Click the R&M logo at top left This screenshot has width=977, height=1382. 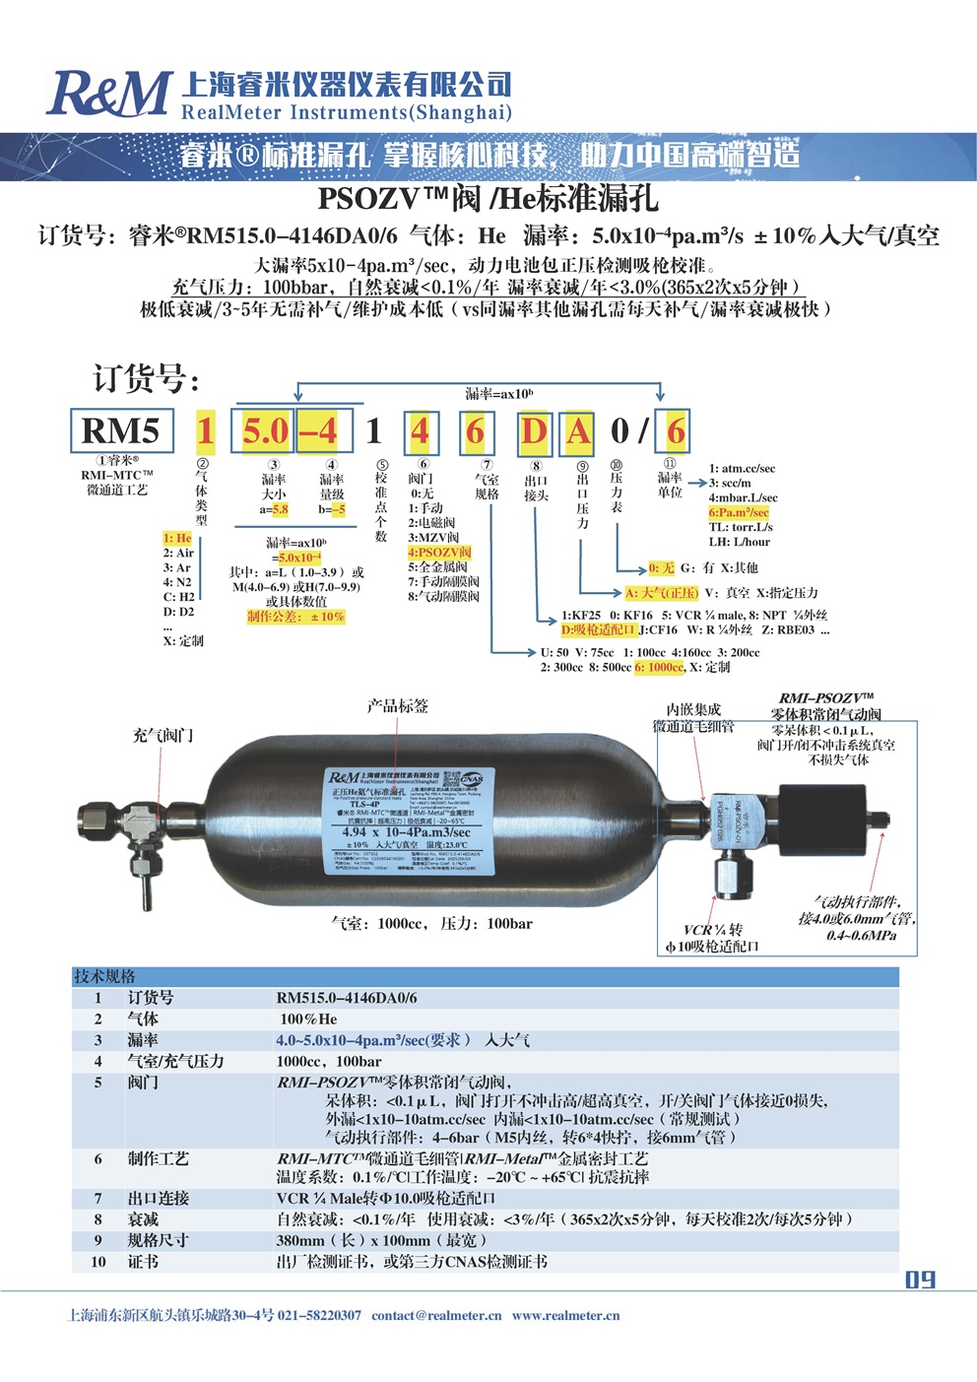pos(108,94)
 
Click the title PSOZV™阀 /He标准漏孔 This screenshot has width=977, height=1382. pos(488,199)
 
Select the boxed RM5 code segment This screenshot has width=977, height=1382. pos(121,431)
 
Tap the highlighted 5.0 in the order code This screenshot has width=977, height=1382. pos(266,431)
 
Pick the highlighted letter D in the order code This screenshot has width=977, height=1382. pos(534,431)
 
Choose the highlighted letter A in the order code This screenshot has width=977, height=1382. pos(578,431)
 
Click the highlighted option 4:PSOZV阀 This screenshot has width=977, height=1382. pos(439,553)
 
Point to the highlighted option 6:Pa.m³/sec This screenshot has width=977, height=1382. pos(739,512)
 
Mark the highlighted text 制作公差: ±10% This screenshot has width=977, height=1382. pos(295,617)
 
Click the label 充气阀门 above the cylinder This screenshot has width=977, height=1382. pos(163,735)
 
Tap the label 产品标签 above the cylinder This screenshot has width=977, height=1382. pos(398,706)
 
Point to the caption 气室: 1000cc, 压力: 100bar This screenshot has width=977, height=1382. pos(431,923)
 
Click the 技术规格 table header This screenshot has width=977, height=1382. pos(105,976)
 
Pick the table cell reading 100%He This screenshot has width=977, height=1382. pos(308,1019)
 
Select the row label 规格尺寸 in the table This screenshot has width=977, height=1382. pos(158,1240)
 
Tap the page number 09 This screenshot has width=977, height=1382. pos(920,1280)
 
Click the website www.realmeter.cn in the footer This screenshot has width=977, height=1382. pos(565,1315)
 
